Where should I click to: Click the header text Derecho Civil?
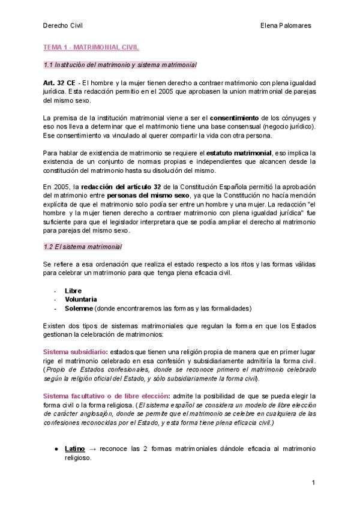click(x=62, y=26)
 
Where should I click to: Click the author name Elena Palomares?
click(x=286, y=26)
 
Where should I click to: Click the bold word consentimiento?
click(x=234, y=118)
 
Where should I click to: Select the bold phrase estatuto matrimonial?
click(x=239, y=153)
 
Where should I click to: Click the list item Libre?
click(x=73, y=291)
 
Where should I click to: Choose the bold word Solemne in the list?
click(x=79, y=308)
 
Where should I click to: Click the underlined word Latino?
click(x=75, y=448)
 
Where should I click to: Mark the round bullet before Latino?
click(x=55, y=448)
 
